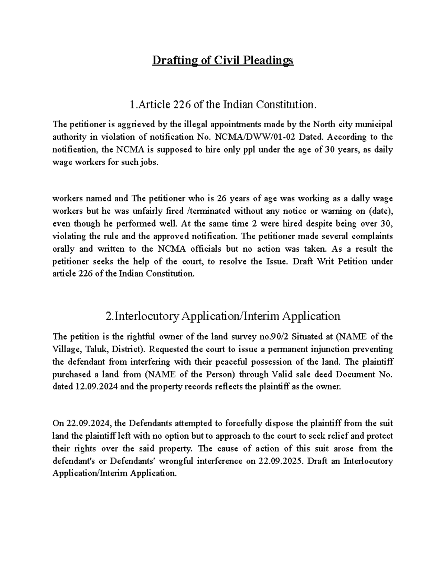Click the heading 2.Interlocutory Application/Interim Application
click(x=223, y=316)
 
